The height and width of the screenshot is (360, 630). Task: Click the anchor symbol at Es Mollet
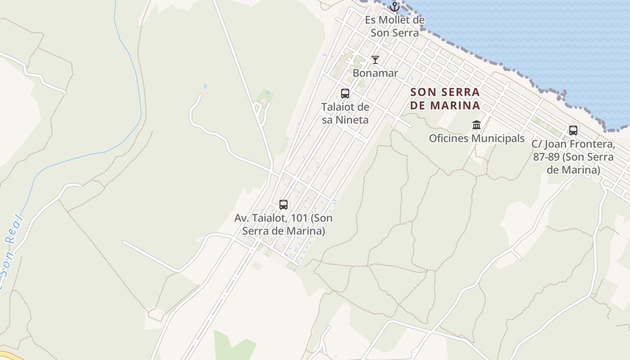click(395, 7)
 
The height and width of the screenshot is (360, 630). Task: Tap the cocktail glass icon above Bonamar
click(375, 60)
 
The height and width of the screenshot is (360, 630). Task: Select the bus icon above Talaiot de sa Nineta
click(345, 94)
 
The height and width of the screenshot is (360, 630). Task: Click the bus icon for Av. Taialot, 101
click(283, 205)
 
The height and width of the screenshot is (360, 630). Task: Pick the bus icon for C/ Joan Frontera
click(573, 130)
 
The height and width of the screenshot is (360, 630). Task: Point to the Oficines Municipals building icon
click(477, 125)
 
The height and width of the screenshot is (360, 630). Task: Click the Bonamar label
click(375, 73)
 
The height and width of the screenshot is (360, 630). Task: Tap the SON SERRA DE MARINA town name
click(445, 99)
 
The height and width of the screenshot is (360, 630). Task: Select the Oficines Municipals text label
click(477, 138)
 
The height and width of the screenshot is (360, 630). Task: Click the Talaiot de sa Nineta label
click(345, 113)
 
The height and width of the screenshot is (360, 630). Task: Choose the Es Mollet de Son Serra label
click(395, 26)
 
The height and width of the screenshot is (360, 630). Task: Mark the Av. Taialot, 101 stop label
click(283, 224)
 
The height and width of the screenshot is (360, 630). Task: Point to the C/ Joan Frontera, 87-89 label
click(573, 157)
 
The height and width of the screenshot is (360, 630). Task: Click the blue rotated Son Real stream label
click(10, 252)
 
